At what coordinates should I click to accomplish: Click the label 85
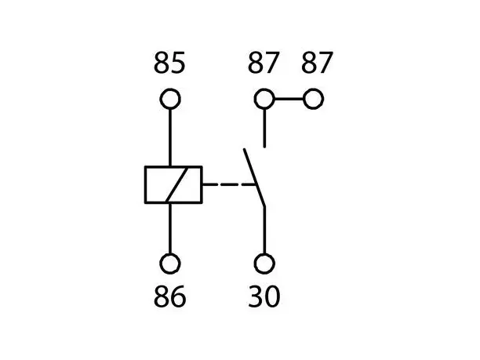pyautogui.click(x=169, y=63)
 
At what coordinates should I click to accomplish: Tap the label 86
pyautogui.click(x=170, y=296)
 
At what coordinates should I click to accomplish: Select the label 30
pyautogui.click(x=264, y=296)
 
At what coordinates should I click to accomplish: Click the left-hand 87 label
pyautogui.click(x=264, y=63)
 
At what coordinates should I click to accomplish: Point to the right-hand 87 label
pyautogui.click(x=317, y=63)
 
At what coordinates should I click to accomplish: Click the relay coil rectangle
pyautogui.click(x=145, y=184)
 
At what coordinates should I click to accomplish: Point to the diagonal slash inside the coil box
pyautogui.click(x=176, y=184)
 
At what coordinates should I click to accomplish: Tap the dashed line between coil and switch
pyautogui.click(x=229, y=184)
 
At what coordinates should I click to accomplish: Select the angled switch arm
pyautogui.click(x=254, y=177)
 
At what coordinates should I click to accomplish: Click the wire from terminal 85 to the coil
pyautogui.click(x=170, y=137)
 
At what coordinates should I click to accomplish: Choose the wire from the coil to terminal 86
pyautogui.click(x=170, y=228)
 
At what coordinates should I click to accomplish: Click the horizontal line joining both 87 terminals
pyautogui.click(x=289, y=99)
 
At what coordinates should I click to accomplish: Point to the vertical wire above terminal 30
pyautogui.click(x=264, y=231)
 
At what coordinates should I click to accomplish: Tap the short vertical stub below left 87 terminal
pyautogui.click(x=264, y=129)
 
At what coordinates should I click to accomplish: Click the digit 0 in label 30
pyautogui.click(x=272, y=296)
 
